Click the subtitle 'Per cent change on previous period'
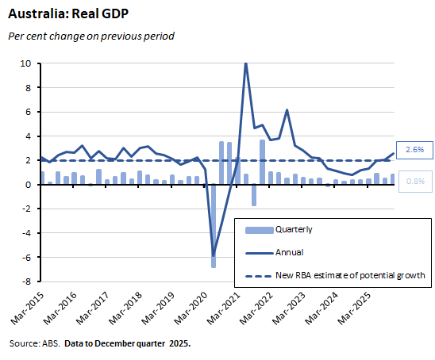90,36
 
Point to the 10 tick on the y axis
26,63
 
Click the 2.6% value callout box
414,148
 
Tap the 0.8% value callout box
414,180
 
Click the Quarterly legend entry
293,230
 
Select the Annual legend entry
288,253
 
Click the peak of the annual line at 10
246,63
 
